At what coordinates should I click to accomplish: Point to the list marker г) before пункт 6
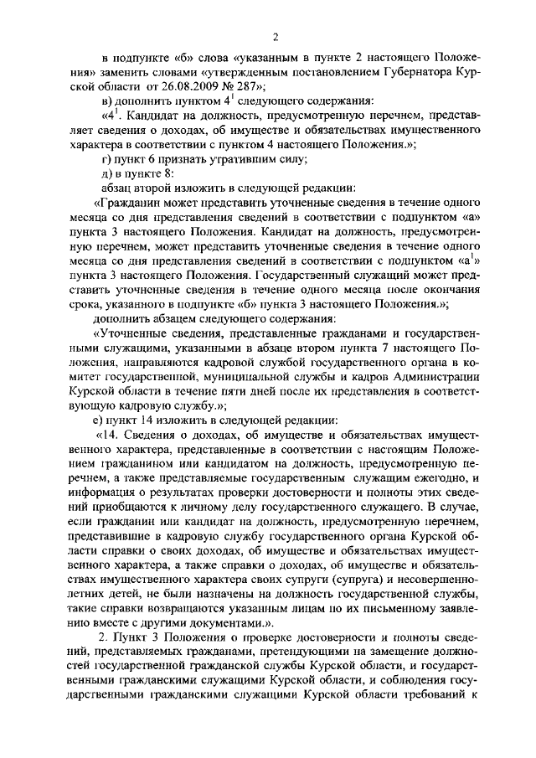104,159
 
